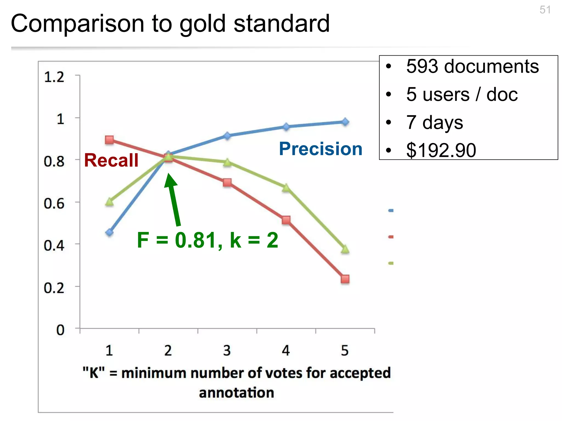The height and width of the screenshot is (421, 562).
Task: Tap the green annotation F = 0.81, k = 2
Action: (x=207, y=240)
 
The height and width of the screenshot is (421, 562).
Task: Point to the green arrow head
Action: (x=170, y=181)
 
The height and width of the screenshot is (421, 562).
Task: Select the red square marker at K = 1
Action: (x=109, y=140)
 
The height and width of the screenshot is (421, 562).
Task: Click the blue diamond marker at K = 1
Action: (x=109, y=232)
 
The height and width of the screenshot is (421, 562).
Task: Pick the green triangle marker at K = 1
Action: (x=109, y=202)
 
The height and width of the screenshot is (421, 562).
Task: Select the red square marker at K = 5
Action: (x=345, y=279)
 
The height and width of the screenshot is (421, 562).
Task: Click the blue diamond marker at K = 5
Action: (x=345, y=122)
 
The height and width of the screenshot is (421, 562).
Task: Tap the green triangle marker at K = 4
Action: (x=286, y=188)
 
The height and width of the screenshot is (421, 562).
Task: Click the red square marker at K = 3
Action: (x=227, y=183)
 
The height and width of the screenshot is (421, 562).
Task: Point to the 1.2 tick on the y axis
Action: (x=54, y=77)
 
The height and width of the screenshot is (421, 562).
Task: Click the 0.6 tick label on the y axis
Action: (x=54, y=204)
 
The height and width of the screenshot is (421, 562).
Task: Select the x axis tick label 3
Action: (x=227, y=351)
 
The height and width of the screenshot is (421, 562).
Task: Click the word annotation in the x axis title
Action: (x=237, y=393)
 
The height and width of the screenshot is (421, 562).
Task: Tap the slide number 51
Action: (x=545, y=10)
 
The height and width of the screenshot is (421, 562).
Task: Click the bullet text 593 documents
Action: (x=472, y=66)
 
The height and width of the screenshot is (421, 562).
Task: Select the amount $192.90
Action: (x=441, y=150)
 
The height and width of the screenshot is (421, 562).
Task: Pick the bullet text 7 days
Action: (x=435, y=122)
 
